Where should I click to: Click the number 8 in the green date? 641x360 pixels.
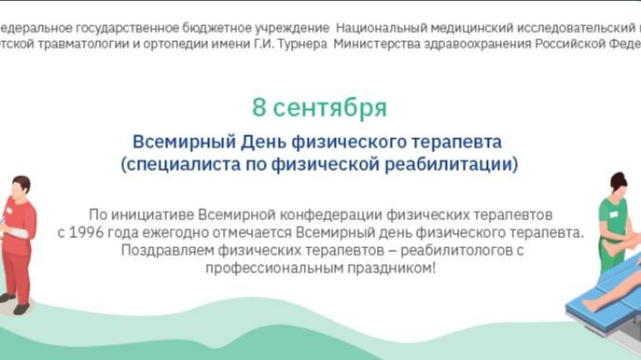click(260, 107)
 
